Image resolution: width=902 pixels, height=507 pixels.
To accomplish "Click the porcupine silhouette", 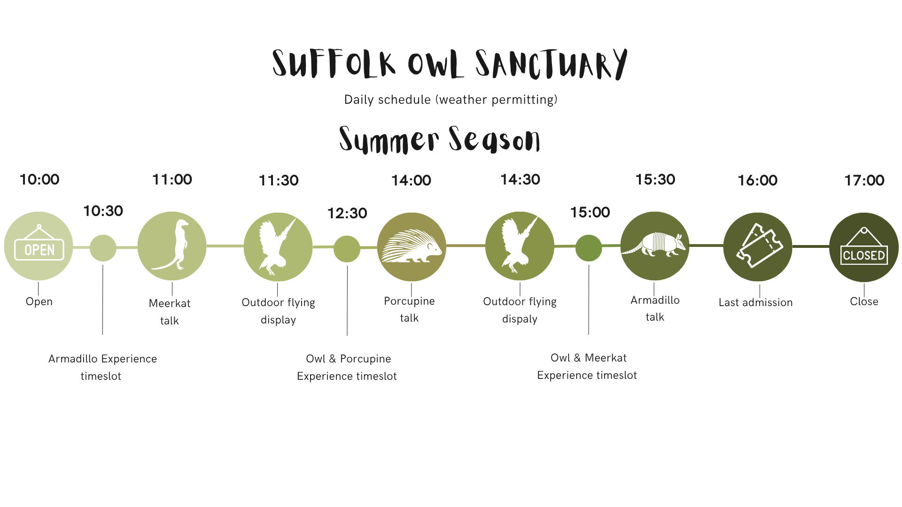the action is tap(412, 246).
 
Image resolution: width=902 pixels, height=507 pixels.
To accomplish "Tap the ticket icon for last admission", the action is tap(758, 246).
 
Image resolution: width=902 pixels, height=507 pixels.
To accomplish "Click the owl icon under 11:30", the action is tap(277, 246).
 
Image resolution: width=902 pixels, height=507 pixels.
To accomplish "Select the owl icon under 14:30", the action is tap(519, 246).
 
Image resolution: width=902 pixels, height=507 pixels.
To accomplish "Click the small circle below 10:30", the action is tap(103, 248).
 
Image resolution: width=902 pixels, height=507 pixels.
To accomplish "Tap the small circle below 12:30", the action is tap(347, 249).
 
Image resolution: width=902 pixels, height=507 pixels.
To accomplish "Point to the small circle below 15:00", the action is tap(589, 248).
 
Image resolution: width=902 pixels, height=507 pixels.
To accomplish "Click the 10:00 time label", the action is tap(39, 179).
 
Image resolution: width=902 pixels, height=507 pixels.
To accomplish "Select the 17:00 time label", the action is tap(864, 180).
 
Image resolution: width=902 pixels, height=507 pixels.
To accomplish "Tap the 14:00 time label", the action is tap(411, 180).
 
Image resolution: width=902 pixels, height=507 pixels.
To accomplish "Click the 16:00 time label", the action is tap(757, 180).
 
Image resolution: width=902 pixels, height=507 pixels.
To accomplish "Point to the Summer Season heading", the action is tap(439, 139).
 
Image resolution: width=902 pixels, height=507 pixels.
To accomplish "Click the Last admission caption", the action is tap(755, 303).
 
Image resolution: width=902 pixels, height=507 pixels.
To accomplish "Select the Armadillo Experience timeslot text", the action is tap(102, 367).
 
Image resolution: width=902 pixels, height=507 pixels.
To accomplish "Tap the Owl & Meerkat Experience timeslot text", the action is tap(587, 366).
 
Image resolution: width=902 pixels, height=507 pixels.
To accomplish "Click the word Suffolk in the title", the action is tap(334, 64).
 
